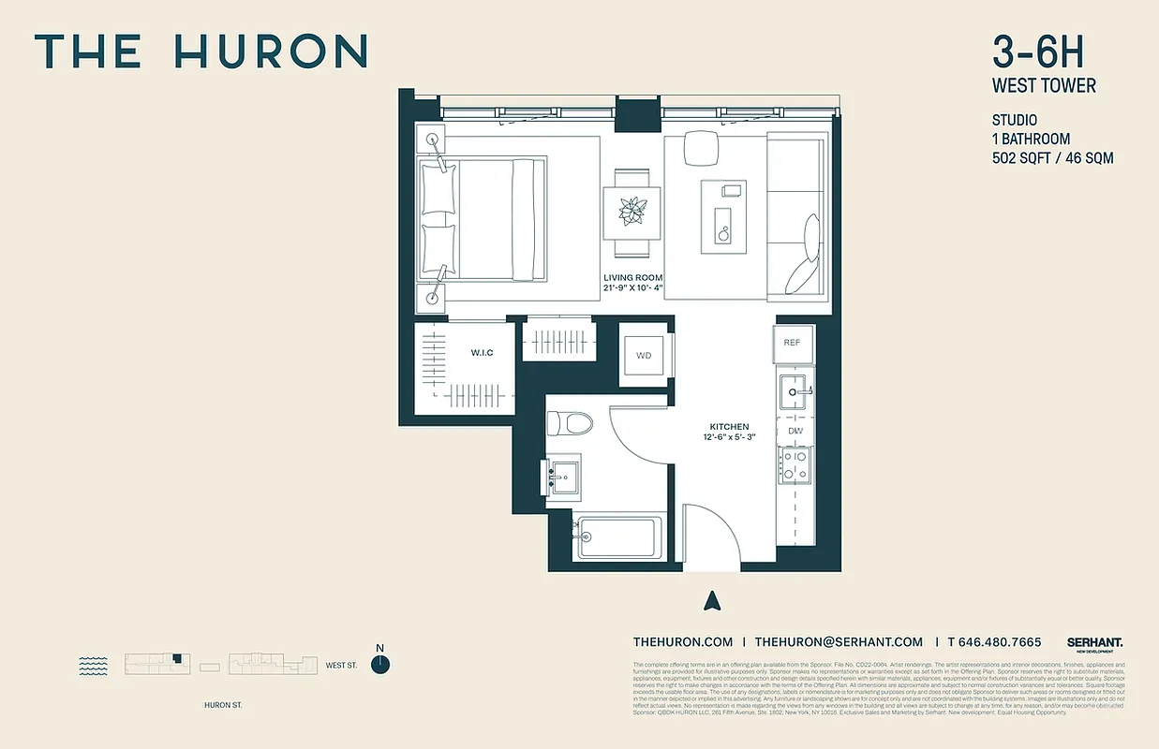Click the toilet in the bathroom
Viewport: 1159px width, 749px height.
(571, 422)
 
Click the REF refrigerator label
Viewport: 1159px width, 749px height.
(792, 343)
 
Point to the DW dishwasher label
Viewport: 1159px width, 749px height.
(795, 431)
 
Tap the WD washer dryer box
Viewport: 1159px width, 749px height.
(644, 356)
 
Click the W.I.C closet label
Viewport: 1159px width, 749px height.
(482, 352)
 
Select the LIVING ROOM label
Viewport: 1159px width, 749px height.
(632, 278)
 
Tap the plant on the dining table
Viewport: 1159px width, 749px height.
(632, 211)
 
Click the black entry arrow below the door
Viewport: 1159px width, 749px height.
(712, 600)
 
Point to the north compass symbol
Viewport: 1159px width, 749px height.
(379, 664)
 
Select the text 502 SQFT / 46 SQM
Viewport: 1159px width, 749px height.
(1052, 158)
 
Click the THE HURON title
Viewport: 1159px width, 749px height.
(201, 51)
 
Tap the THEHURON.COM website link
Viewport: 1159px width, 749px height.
(682, 642)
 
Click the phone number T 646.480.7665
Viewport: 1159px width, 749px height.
(994, 642)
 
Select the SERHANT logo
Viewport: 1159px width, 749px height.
(1094, 642)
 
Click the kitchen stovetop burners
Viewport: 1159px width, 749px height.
(795, 464)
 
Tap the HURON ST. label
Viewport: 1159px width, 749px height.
(223, 705)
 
